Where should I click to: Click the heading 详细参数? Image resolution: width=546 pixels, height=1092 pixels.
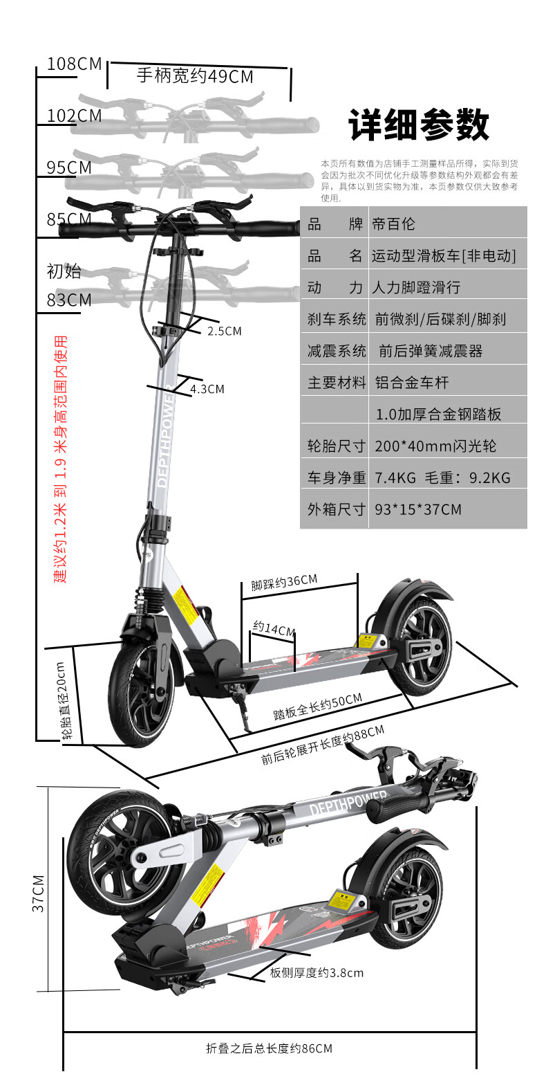(x=419, y=125)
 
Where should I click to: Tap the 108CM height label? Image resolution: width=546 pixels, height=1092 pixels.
(x=74, y=64)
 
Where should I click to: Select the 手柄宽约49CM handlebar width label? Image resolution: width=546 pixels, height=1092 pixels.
(x=195, y=76)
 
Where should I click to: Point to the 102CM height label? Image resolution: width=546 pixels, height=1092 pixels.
(x=74, y=116)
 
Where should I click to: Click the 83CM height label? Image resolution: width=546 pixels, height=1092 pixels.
(x=69, y=300)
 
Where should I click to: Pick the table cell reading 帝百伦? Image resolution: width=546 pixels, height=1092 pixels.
(x=393, y=224)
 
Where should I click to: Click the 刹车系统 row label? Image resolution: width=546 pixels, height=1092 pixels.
(x=337, y=319)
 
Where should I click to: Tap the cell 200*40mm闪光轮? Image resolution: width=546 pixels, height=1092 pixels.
(x=435, y=446)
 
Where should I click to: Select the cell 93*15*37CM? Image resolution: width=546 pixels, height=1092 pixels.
(x=418, y=510)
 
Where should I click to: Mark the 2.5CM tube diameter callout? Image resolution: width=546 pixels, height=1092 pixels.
(x=225, y=331)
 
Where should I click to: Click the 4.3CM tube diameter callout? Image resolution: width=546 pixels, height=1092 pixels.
(x=207, y=390)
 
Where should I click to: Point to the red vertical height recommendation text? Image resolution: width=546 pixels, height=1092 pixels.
(x=62, y=459)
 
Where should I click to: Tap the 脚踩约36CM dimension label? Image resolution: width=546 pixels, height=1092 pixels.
(x=284, y=583)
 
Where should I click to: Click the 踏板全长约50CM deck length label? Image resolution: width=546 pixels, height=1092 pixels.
(x=317, y=707)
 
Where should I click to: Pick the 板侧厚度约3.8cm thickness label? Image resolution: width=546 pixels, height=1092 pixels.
(x=317, y=973)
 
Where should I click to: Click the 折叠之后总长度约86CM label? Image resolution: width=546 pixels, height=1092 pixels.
(x=270, y=1048)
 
